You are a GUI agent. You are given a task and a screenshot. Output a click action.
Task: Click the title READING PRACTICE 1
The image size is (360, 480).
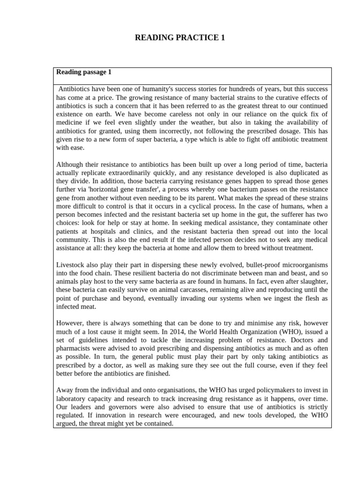click(x=180, y=38)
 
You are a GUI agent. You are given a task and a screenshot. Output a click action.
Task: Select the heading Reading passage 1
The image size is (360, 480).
click(x=84, y=72)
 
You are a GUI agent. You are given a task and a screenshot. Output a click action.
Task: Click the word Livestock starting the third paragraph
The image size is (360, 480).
click(x=72, y=265)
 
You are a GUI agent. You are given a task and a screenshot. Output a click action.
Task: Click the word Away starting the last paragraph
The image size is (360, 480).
click(x=65, y=390)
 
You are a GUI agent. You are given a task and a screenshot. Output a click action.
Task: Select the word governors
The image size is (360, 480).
click(x=121, y=407)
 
